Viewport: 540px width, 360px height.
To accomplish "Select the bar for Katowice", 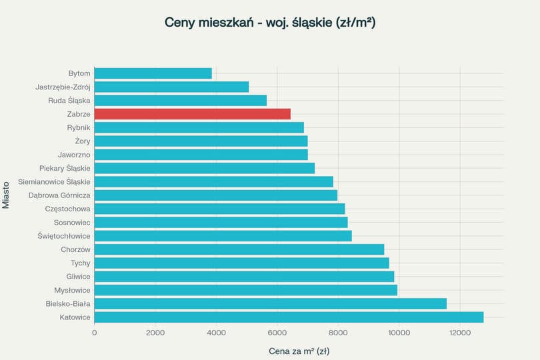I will [x=289, y=317].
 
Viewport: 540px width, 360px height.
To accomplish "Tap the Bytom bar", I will [x=153, y=73].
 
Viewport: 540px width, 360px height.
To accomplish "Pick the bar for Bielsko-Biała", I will [x=270, y=303].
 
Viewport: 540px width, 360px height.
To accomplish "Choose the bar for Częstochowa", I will [x=219, y=209].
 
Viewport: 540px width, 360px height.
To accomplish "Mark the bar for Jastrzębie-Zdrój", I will [x=171, y=87].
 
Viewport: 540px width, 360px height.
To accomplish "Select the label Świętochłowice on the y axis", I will [x=64, y=236].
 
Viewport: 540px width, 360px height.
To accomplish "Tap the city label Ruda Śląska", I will [x=69, y=101].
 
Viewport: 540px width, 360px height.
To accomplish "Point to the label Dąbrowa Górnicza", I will [x=59, y=195].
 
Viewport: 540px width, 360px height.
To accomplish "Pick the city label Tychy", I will [x=80, y=263].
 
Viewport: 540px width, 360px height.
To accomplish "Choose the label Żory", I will [x=83, y=141].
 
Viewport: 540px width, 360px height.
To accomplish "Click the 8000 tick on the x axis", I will [x=338, y=333].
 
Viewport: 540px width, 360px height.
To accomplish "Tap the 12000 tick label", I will [x=459, y=333].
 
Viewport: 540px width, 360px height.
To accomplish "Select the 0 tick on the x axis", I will [x=95, y=333].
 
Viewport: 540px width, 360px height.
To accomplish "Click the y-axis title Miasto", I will [x=6, y=193].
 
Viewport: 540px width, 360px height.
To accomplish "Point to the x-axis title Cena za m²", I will [x=299, y=351].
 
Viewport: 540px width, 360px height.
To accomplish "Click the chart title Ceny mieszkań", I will [x=269, y=23].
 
